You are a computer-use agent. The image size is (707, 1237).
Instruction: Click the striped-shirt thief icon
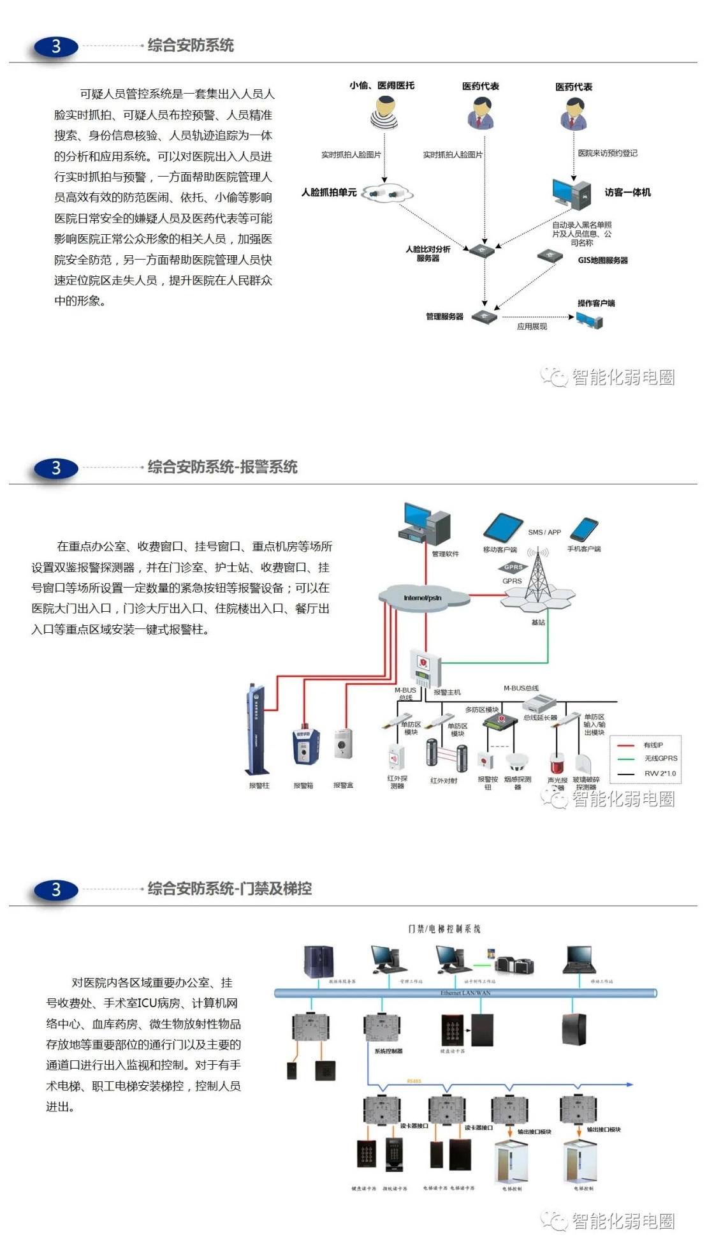coord(384,113)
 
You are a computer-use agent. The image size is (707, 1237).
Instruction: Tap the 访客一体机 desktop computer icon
coord(571,194)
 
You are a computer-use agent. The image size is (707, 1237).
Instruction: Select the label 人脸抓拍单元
coord(329,192)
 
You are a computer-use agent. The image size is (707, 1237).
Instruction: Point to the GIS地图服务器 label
coord(602,260)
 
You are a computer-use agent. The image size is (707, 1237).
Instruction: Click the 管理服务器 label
coord(444,316)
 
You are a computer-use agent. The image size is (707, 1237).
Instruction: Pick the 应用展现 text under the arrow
coord(532,327)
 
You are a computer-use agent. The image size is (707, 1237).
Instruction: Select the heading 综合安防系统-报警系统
coord(222,467)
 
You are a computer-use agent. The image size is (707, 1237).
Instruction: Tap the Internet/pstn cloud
coord(423,598)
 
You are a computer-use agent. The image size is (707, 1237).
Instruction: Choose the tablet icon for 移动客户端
coord(503,528)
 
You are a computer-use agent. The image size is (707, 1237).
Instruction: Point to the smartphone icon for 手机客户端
coord(583,530)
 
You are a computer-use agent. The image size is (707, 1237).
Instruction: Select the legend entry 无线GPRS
coord(660,759)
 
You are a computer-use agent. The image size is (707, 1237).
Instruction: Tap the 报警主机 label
coord(447,692)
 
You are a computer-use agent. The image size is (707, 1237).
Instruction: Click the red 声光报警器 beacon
coord(557,762)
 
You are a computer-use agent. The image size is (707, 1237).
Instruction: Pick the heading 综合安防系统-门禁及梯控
coord(230,889)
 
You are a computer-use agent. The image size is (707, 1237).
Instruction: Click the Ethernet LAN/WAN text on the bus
coord(465,993)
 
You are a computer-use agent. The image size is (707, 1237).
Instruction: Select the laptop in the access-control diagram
coord(579,960)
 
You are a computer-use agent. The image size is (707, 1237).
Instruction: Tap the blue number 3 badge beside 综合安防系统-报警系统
coord(56,468)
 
